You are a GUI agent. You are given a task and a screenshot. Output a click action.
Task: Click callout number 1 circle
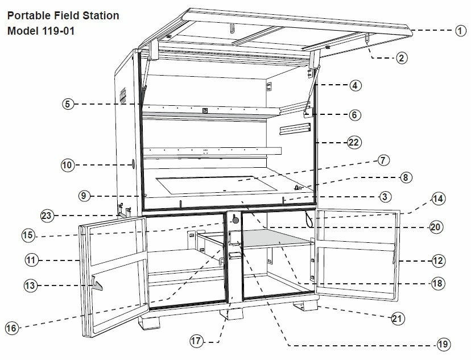(x=461, y=31)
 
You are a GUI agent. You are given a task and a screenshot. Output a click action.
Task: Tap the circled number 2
(x=402, y=57)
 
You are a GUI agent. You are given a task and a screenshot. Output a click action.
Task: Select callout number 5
(x=68, y=104)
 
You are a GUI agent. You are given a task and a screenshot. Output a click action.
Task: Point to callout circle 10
(x=68, y=165)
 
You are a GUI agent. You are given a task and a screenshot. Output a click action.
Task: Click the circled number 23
(x=48, y=216)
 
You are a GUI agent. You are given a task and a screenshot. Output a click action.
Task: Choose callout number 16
(x=11, y=328)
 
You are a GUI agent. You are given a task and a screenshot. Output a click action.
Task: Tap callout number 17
(x=196, y=341)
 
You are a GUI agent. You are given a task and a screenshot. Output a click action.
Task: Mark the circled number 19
(x=444, y=344)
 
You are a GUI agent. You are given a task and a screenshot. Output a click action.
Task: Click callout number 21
(x=398, y=318)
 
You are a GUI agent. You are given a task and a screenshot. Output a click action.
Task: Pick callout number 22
(x=354, y=142)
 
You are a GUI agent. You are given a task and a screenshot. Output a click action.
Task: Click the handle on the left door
(x=97, y=283)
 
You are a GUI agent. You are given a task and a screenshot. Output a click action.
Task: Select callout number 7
(x=383, y=160)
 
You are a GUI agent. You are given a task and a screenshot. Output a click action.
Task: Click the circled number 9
(x=84, y=196)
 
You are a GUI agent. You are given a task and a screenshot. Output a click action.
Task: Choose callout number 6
(x=354, y=114)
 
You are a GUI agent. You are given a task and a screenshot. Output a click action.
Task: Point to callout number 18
(x=437, y=283)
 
